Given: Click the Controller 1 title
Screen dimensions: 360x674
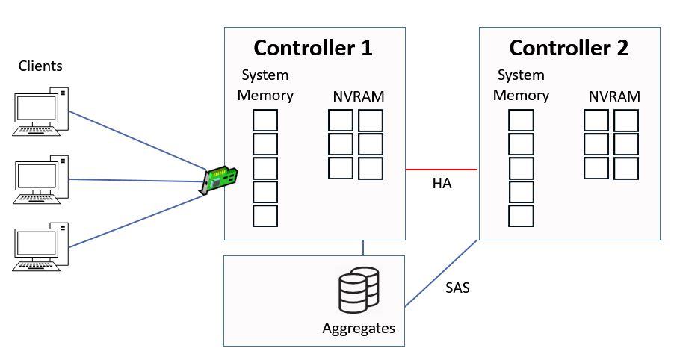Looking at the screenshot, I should (x=313, y=49).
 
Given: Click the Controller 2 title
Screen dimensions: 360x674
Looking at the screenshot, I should (x=569, y=49).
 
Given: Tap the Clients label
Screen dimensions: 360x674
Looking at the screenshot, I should (x=40, y=66).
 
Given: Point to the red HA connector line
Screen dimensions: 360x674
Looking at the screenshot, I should (x=442, y=170).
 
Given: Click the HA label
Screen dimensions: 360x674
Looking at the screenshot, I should (x=442, y=184).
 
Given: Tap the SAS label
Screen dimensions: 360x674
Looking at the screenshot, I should (x=457, y=288).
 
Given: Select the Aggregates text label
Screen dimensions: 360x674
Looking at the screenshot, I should (x=359, y=328).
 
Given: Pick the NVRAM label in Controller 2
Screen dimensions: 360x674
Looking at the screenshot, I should (x=614, y=97).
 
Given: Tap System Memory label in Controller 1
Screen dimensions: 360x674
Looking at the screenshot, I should (x=265, y=85).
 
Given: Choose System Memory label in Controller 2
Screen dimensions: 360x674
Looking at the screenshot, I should (x=521, y=85).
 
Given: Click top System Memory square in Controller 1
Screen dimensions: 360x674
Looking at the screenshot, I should (x=265, y=120).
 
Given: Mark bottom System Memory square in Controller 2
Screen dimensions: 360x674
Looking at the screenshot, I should (x=521, y=216).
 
